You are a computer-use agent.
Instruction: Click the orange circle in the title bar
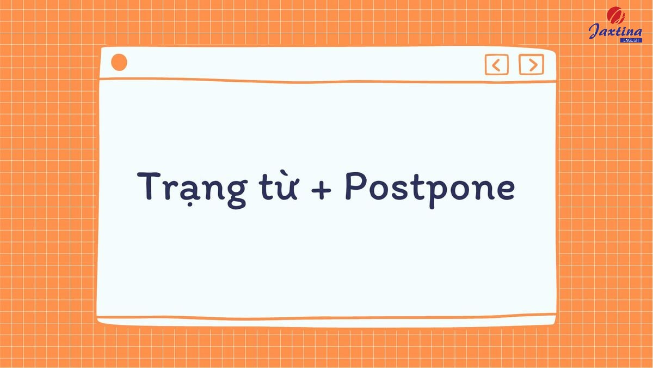click(119, 63)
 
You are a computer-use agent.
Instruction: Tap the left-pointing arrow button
click(496, 65)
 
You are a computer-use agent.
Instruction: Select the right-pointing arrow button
click(531, 64)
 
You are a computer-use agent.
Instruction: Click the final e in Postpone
click(503, 189)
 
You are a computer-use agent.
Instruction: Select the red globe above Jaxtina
click(616, 14)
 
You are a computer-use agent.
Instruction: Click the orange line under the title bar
click(326, 81)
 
